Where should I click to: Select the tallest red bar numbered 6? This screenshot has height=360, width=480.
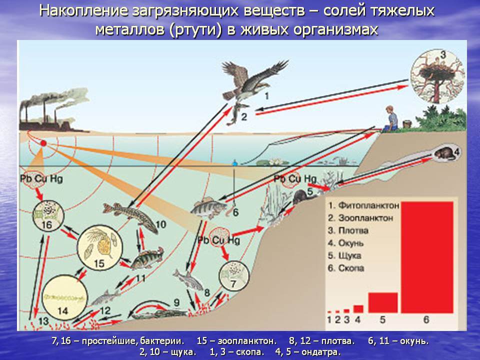coord(425,255)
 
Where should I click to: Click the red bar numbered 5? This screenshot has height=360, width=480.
coord(383,302)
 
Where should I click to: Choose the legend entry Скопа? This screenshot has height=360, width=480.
coord(351,268)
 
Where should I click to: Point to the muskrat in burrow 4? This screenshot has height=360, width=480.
coord(442,153)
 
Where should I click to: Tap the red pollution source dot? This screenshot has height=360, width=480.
coord(43,143)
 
